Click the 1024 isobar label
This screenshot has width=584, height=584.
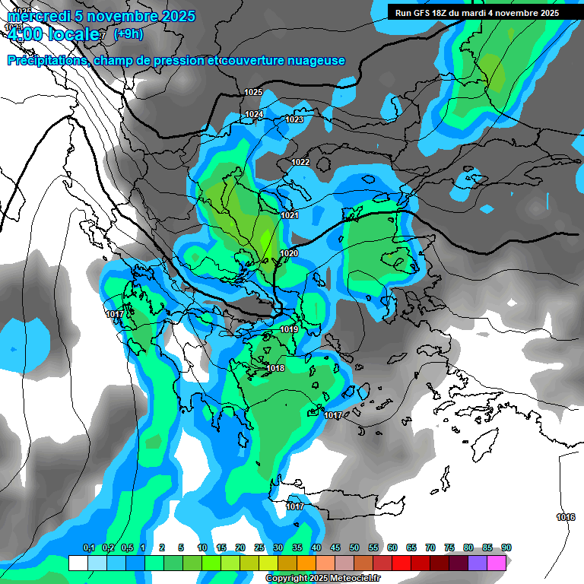(254, 115)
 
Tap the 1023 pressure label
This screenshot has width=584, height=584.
(295, 120)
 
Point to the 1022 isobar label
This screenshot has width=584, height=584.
(300, 163)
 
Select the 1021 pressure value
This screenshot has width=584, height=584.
(290, 216)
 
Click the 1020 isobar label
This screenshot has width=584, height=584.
(289, 253)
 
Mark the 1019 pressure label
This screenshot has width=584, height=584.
(289, 329)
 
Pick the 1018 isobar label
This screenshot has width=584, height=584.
(275, 369)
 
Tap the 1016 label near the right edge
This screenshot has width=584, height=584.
(566, 517)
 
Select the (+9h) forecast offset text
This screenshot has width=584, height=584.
(127, 33)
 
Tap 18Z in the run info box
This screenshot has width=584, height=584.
(446, 13)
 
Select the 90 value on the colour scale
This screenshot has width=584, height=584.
(506, 547)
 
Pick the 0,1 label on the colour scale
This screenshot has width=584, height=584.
(88, 547)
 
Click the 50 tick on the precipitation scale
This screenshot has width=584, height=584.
(354, 547)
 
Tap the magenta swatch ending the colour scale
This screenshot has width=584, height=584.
(497, 563)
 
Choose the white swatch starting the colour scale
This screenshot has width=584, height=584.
(78, 563)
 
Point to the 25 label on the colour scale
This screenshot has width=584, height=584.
(259, 547)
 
